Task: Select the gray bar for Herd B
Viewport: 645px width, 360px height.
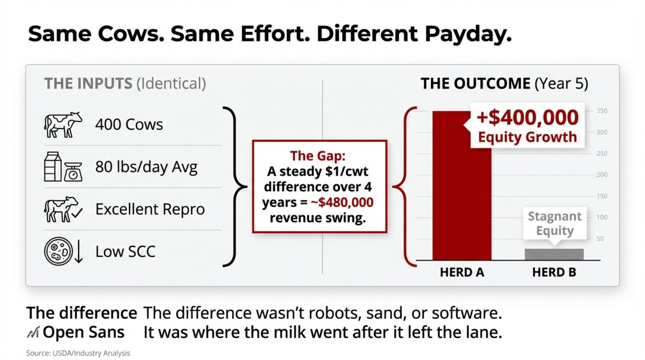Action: (x=554, y=254)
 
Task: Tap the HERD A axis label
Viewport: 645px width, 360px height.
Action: (x=462, y=272)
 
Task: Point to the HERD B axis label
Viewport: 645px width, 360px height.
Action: (x=554, y=272)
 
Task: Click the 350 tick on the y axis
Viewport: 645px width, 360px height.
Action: (x=602, y=111)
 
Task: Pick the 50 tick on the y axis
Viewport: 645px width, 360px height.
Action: (x=600, y=239)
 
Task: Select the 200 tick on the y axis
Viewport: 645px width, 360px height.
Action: (x=602, y=175)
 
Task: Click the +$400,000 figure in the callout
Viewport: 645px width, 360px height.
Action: (x=527, y=118)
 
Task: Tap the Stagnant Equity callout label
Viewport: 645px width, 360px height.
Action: (x=554, y=223)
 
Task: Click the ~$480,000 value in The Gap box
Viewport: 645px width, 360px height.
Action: (x=342, y=202)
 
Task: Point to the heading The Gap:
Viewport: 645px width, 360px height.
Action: (x=317, y=156)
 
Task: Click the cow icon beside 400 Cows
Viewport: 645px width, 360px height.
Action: (x=63, y=124)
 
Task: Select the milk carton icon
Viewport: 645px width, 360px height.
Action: (x=53, y=167)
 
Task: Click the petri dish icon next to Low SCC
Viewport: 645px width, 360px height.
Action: (x=59, y=251)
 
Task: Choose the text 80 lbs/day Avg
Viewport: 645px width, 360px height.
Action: (x=146, y=167)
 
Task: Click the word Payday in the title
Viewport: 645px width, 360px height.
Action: (x=468, y=34)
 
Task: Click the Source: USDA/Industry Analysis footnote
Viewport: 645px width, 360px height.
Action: (x=78, y=353)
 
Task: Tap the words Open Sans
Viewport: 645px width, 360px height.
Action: (x=83, y=332)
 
